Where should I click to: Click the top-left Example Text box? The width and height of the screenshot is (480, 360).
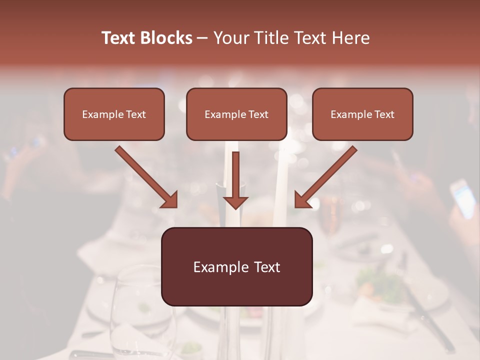[114, 114]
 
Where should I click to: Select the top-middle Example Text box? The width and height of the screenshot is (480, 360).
[236, 114]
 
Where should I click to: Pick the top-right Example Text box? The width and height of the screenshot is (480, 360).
[362, 114]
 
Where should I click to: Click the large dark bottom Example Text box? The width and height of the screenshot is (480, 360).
[236, 267]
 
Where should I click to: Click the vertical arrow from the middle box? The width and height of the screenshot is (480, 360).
[235, 180]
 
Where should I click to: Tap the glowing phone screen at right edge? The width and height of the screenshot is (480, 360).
[463, 198]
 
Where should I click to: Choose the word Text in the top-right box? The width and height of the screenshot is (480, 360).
[384, 114]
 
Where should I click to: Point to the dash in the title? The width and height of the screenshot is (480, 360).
[202, 38]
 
